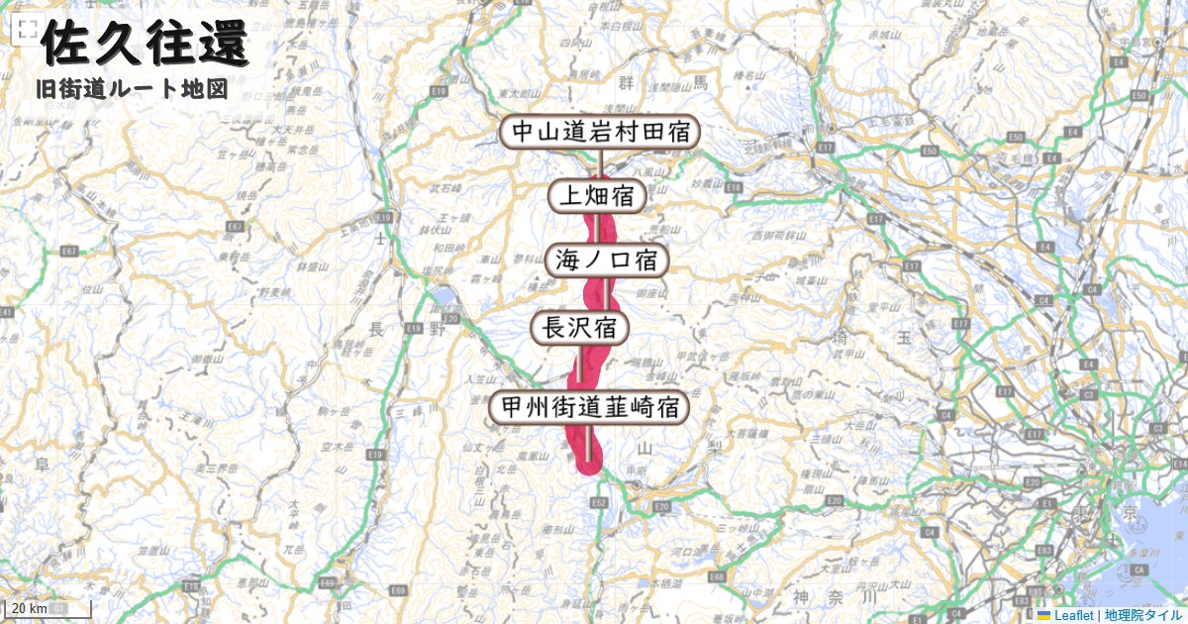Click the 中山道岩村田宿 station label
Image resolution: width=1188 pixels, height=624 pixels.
[x=600, y=132]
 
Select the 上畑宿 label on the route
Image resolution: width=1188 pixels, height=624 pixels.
[x=597, y=196]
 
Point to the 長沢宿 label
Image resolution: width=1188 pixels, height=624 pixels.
[x=580, y=327]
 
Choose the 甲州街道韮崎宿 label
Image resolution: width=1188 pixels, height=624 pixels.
[x=589, y=407]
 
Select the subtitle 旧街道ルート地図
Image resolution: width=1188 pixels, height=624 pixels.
[x=131, y=89]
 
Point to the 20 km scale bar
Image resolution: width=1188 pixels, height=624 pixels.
[x=49, y=608]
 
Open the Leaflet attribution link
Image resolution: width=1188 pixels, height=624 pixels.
[x=1074, y=615]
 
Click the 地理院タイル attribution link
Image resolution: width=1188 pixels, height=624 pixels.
[x=1142, y=615]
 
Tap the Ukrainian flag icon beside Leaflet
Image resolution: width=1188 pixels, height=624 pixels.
[x=1042, y=615]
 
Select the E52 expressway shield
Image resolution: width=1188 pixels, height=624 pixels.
[x=598, y=503]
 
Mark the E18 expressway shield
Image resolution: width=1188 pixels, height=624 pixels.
[x=734, y=186]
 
